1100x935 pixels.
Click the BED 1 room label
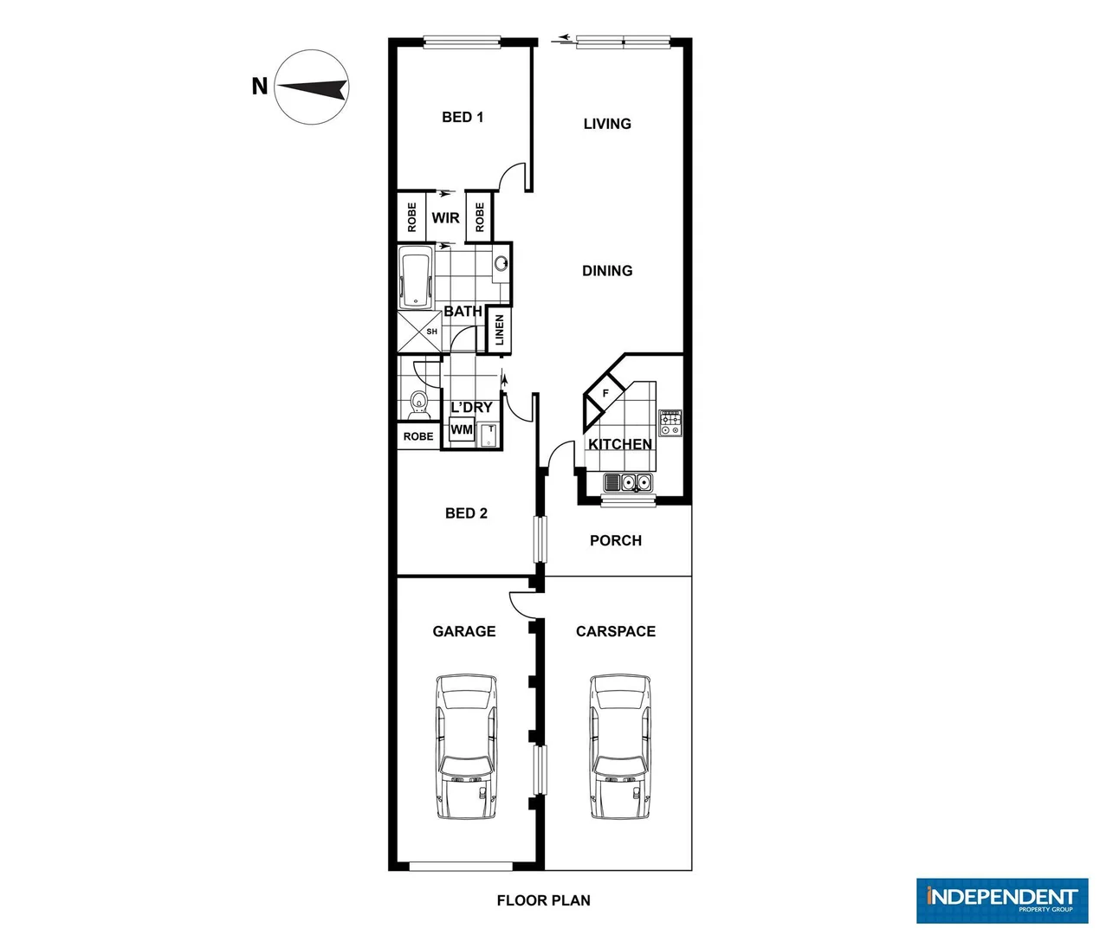(463, 117)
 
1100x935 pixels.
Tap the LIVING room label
(607, 124)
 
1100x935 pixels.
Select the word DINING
(607, 271)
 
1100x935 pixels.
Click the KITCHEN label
(620, 444)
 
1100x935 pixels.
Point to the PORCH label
(616, 540)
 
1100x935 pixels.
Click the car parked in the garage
(467, 746)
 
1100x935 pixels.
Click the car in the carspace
(620, 746)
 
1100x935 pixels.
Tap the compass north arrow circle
(312, 87)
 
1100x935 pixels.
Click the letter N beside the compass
(259, 87)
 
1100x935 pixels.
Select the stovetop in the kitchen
(670, 423)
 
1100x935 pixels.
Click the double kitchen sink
(630, 482)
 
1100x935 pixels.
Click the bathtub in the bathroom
(416, 277)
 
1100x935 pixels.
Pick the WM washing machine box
(462, 430)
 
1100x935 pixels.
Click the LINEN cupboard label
(500, 330)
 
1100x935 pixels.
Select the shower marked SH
(420, 332)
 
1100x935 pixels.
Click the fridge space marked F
(605, 394)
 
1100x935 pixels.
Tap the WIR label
(446, 218)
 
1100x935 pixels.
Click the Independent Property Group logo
(1002, 900)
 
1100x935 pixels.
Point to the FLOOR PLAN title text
(543, 900)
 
